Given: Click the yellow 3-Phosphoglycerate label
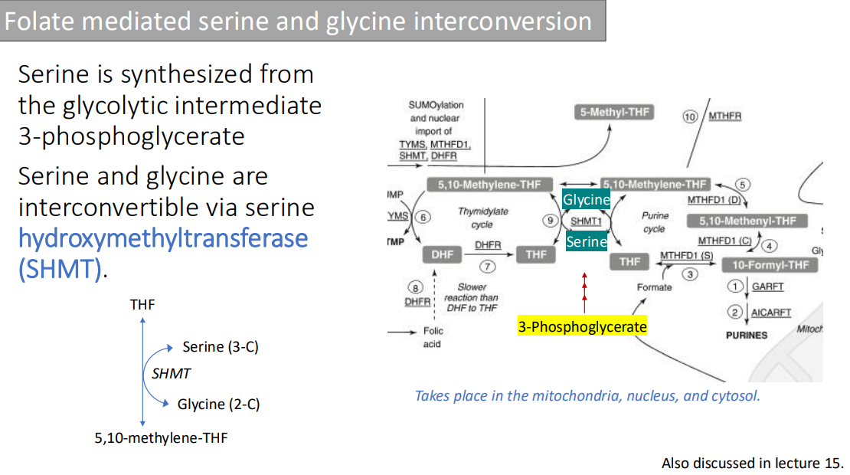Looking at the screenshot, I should click(582, 327).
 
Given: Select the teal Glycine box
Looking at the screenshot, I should click(586, 200).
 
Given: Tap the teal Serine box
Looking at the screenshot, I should click(587, 242).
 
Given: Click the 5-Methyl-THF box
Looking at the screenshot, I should click(614, 113).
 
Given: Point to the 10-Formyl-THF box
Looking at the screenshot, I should click(770, 265).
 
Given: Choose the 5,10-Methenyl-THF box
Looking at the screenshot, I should click(753, 221).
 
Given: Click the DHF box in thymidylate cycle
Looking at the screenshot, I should click(443, 255).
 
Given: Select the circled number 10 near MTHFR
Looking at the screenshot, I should click(690, 116).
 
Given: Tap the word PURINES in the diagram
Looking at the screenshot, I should click(746, 335).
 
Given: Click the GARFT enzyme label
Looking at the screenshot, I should click(767, 287).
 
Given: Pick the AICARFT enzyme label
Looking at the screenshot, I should click(770, 313).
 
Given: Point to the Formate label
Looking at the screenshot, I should click(654, 287).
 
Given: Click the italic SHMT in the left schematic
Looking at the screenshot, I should click(171, 374).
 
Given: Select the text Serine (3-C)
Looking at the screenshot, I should click(221, 347).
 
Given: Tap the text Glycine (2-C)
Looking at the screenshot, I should click(218, 404).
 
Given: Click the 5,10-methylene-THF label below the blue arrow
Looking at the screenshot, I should click(161, 438).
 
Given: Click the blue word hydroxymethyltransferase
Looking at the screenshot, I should click(163, 238).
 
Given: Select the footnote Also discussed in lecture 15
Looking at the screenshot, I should click(752, 463).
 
